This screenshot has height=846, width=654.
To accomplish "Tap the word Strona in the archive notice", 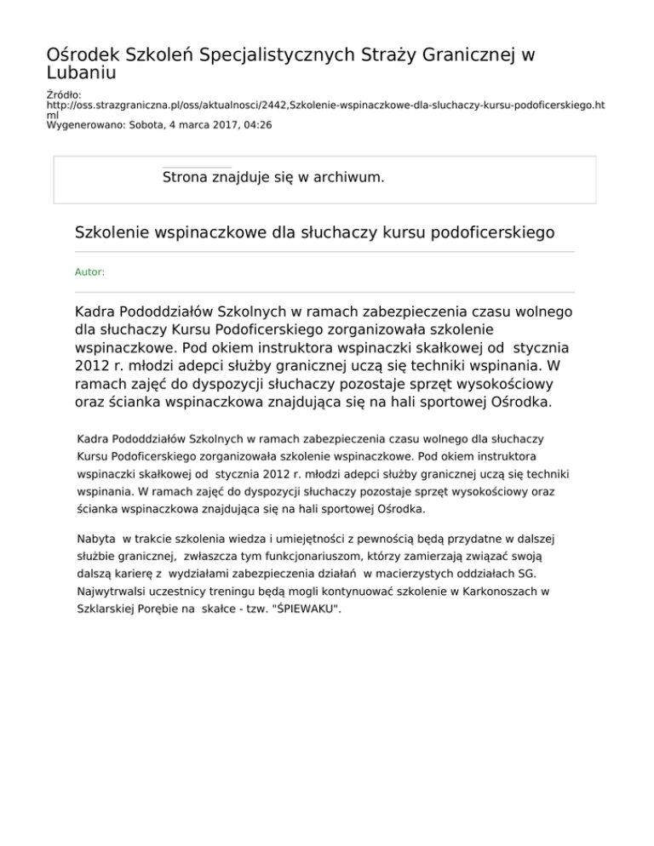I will [x=190, y=177].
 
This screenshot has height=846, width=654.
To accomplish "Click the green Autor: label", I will [x=90, y=272].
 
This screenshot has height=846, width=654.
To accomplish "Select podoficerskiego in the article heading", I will [x=480, y=232].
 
